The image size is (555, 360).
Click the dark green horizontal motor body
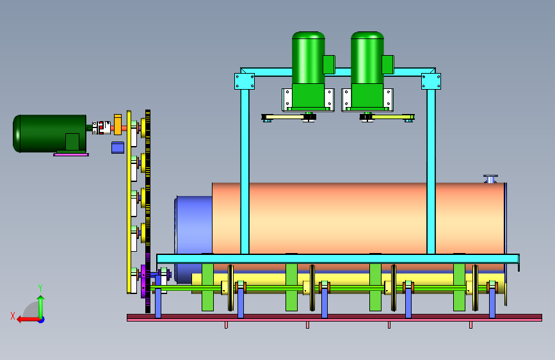click(x=49, y=133)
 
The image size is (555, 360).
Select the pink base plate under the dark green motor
click(x=71, y=154)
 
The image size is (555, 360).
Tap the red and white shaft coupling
click(x=101, y=127)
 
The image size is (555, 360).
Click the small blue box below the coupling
click(x=118, y=147)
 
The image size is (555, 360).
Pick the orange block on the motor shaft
click(x=118, y=124)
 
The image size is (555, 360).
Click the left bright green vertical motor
click(x=309, y=71)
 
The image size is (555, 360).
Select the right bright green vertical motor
click(x=368, y=71)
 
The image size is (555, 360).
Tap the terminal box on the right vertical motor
click(x=388, y=65)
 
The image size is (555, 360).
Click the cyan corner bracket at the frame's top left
click(x=245, y=81)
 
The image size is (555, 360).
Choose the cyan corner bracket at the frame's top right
click(x=431, y=81)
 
